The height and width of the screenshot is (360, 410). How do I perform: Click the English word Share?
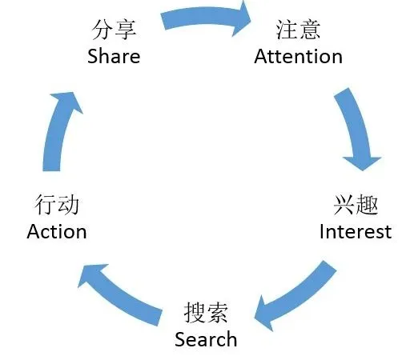[114, 56]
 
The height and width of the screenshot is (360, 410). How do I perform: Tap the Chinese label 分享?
[114, 30]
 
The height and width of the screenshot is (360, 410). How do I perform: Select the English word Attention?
[298, 56]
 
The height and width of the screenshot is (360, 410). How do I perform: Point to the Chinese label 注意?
[298, 30]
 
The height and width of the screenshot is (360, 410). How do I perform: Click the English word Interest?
[356, 231]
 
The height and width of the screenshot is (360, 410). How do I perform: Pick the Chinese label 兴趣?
[356, 205]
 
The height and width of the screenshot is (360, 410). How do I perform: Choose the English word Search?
[206, 339]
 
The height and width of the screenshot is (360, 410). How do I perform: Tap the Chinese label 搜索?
[206, 313]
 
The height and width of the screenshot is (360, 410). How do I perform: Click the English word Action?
[57, 231]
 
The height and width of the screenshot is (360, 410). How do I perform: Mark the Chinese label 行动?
[57, 205]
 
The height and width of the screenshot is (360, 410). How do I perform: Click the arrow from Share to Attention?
[203, 16]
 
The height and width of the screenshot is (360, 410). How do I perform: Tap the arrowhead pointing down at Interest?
[362, 163]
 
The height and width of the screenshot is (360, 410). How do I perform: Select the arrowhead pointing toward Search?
[263, 314]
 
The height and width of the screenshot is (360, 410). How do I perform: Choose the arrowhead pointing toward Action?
[90, 274]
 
